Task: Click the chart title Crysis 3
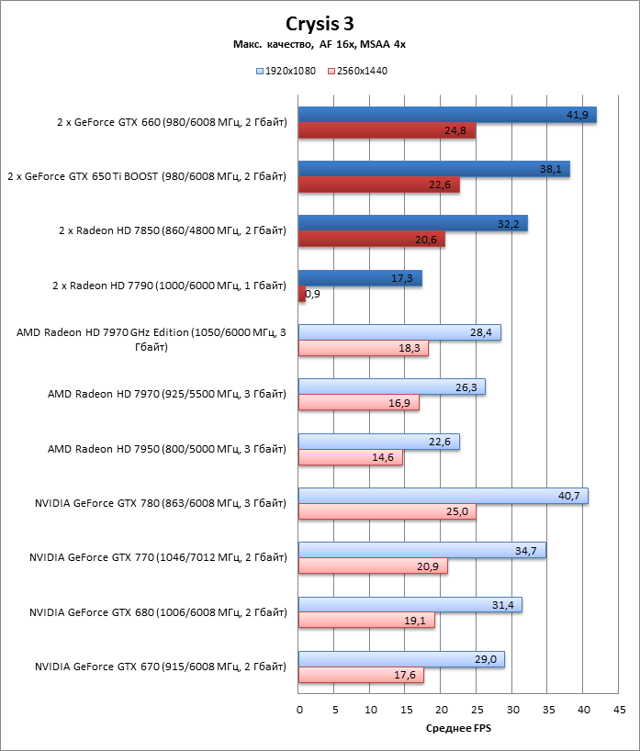pyautogui.click(x=320, y=23)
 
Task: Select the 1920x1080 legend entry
pyautogui.click(x=289, y=71)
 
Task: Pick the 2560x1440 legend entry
pyautogui.click(x=362, y=71)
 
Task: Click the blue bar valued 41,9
pyautogui.click(x=447, y=115)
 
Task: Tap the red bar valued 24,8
pyautogui.click(x=387, y=131)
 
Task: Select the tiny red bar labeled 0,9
pyautogui.click(x=302, y=294)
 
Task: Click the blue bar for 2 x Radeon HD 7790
pyautogui.click(x=360, y=278)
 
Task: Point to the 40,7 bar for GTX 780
pyautogui.click(x=443, y=496)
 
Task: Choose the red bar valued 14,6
pyautogui.click(x=350, y=457)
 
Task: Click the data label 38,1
pyautogui.click(x=552, y=169)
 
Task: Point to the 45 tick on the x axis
pyautogui.click(x=620, y=710)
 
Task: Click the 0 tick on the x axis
pyautogui.click(x=299, y=710)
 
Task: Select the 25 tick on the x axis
pyautogui.click(x=477, y=710)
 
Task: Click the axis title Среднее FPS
pyautogui.click(x=459, y=729)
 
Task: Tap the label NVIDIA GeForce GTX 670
pyautogui.click(x=160, y=666)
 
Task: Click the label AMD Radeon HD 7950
pyautogui.click(x=166, y=449)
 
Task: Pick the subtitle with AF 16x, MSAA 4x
pyautogui.click(x=320, y=45)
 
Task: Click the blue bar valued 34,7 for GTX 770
pyautogui.click(x=421, y=550)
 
